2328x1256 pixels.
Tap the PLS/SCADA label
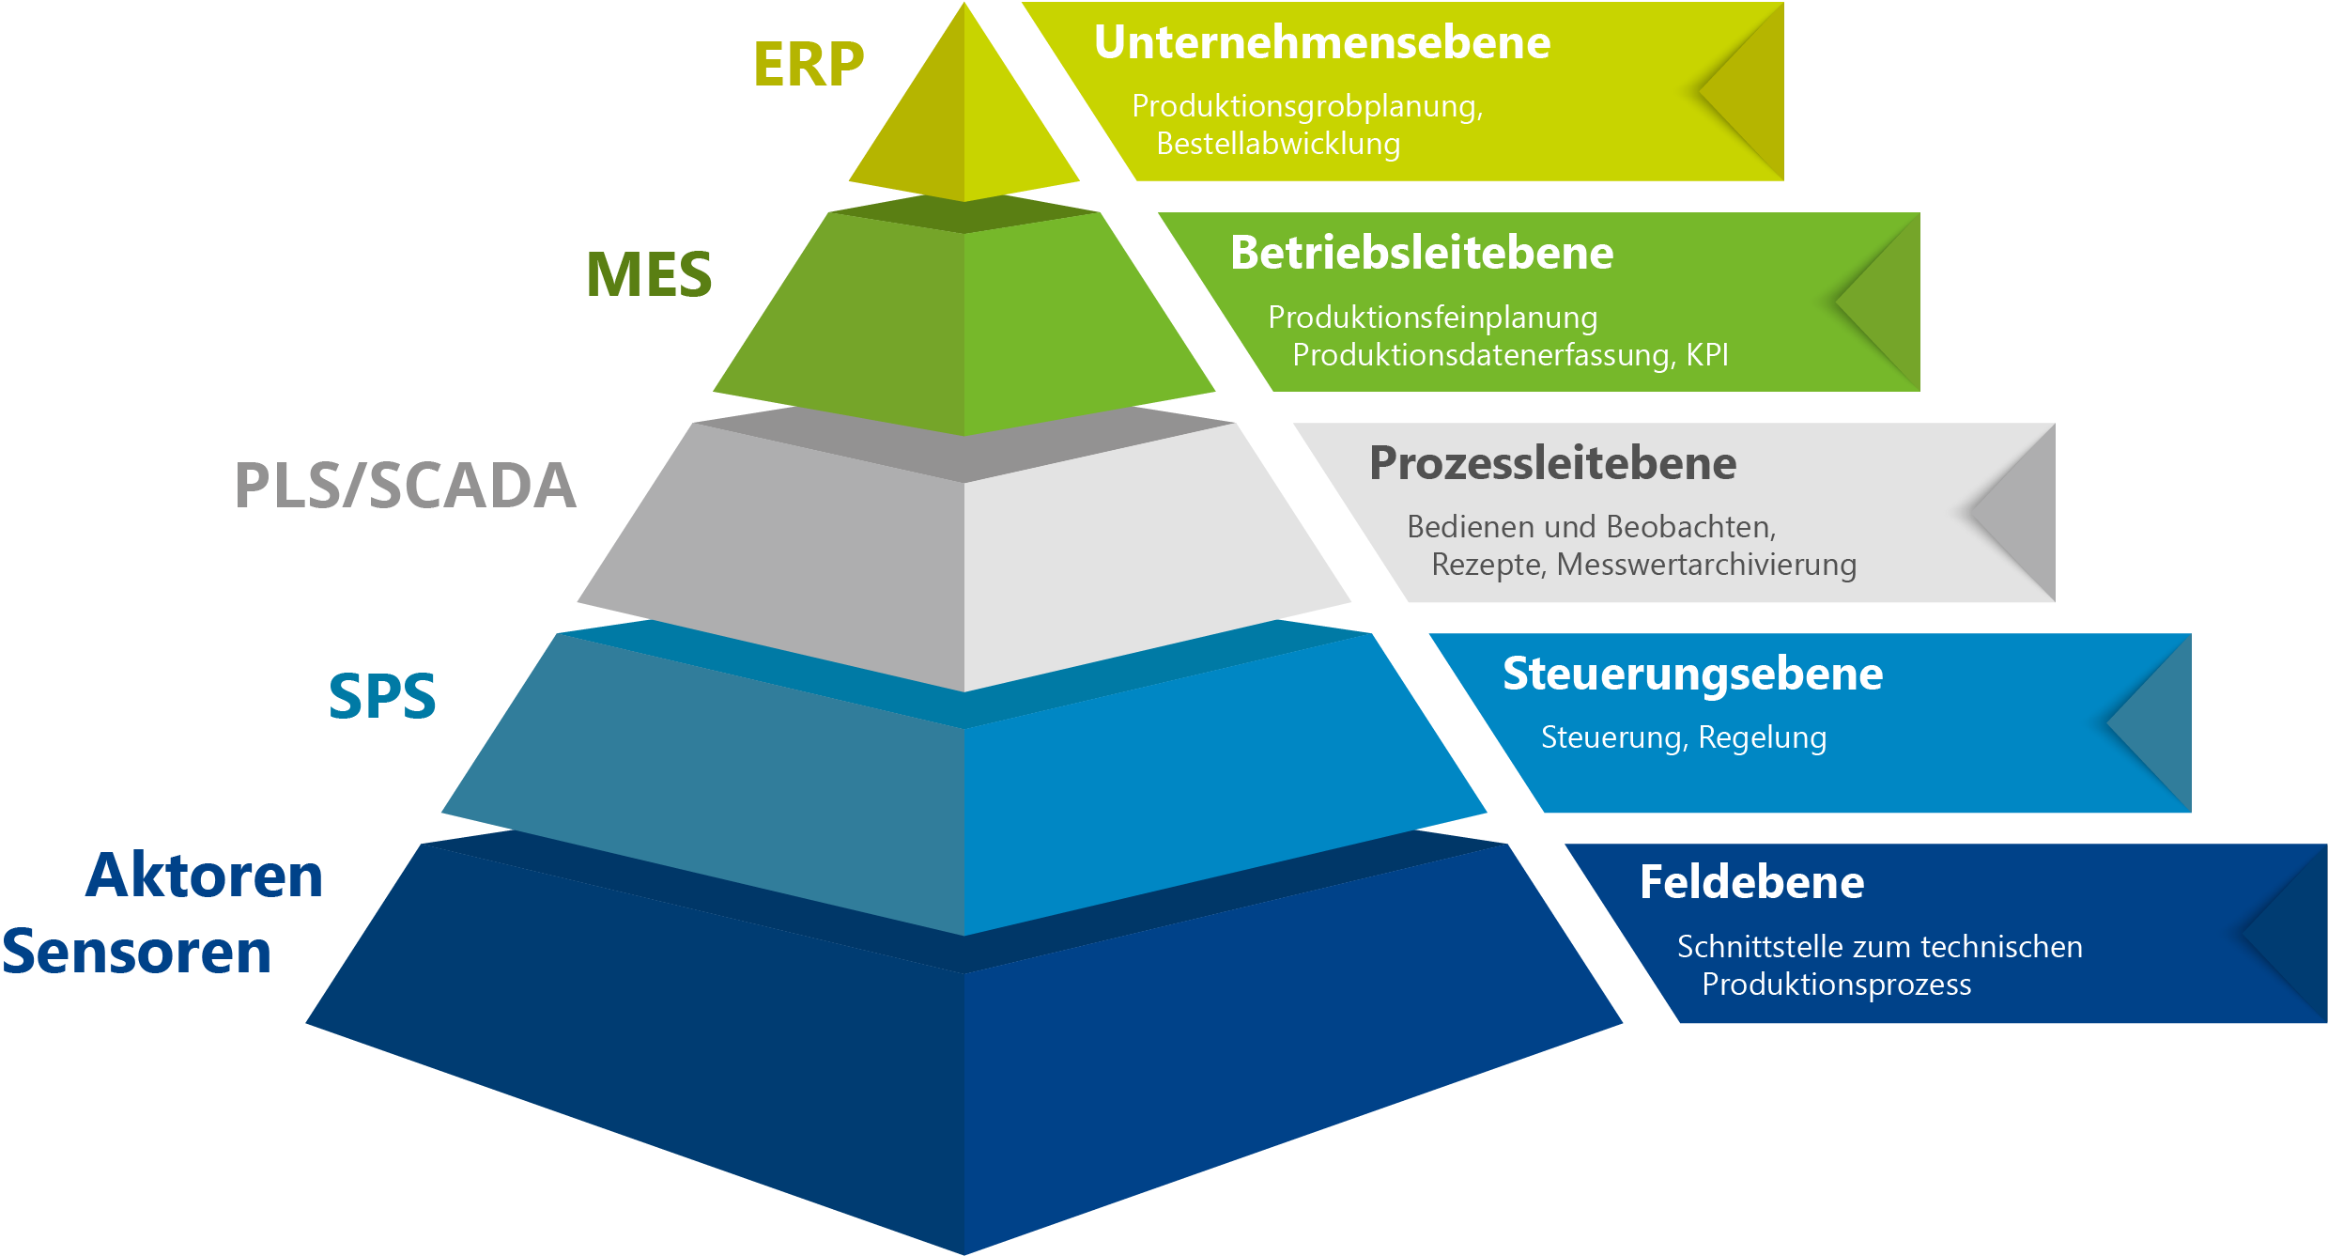pyautogui.click(x=405, y=486)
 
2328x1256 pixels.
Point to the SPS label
pyautogui.click(x=382, y=696)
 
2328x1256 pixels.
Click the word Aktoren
pyautogui.click(x=204, y=876)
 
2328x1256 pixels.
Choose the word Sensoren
pyautogui.click(x=137, y=952)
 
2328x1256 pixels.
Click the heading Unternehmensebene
pyautogui.click(x=1321, y=42)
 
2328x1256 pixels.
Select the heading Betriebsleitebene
pyautogui.click(x=1422, y=253)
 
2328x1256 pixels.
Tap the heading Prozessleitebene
pyautogui.click(x=1552, y=463)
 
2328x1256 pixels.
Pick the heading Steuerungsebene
pyautogui.click(x=1692, y=674)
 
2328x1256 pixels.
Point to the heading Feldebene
pyautogui.click(x=1751, y=882)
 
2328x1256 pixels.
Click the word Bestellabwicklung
pyautogui.click(x=1278, y=144)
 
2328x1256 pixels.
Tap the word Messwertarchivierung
pyautogui.click(x=1706, y=565)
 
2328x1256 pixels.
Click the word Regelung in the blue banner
pyautogui.click(x=1762, y=737)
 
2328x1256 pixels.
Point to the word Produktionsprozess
pyautogui.click(x=1836, y=985)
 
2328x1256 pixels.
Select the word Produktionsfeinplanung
pyautogui.click(x=1432, y=318)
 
